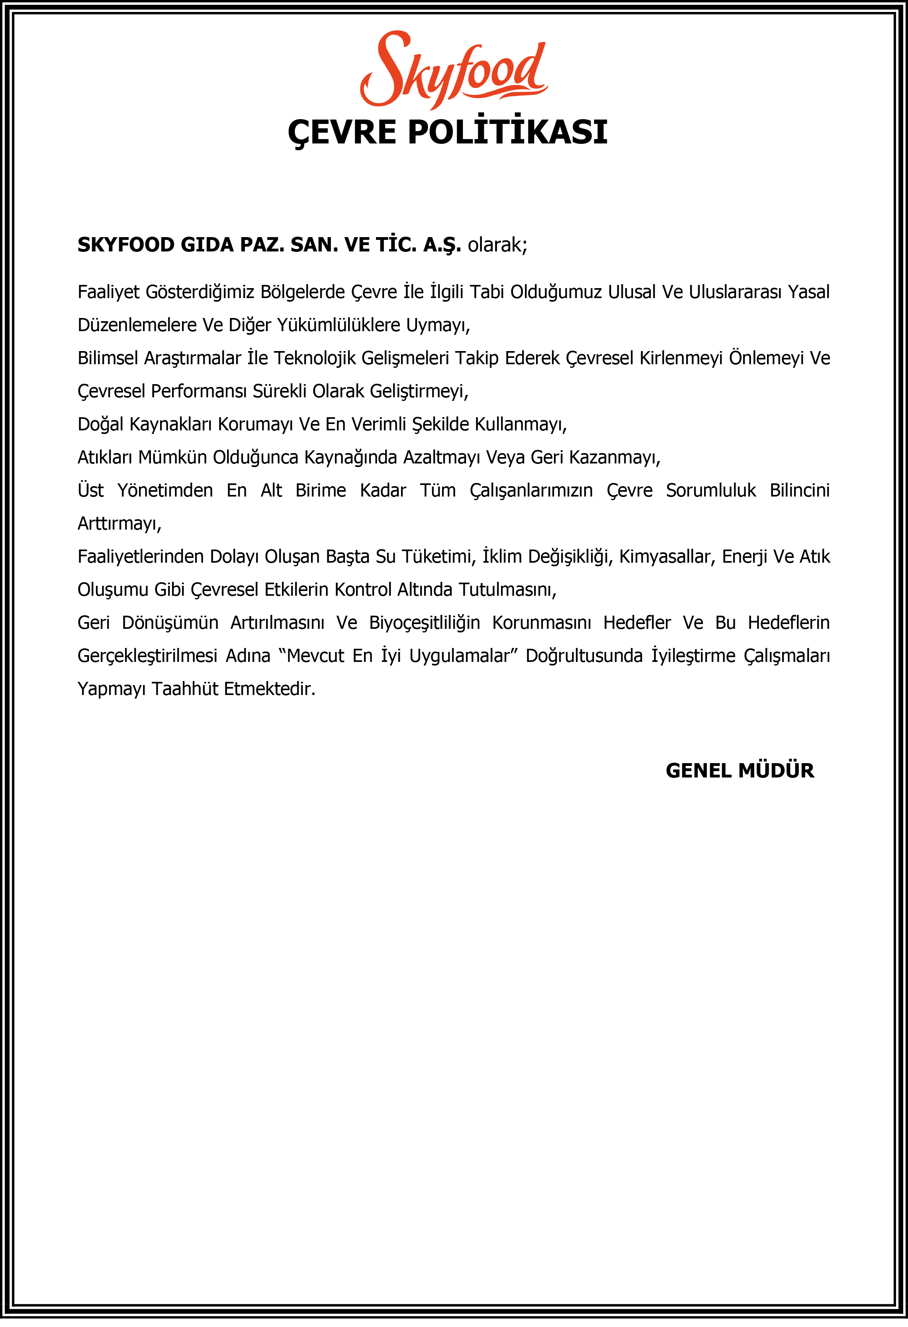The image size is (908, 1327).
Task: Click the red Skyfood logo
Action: [454, 70]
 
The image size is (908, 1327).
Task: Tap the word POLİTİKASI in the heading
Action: [507, 132]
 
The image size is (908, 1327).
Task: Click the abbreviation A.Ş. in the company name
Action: [442, 245]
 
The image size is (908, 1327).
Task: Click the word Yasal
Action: [809, 292]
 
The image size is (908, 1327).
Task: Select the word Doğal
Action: [100, 424]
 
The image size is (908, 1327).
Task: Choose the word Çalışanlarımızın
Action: [531, 491]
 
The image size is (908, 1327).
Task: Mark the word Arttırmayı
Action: [119, 524]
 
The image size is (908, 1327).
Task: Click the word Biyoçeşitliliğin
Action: [425, 623]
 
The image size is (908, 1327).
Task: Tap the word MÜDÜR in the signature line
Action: [776, 771]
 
